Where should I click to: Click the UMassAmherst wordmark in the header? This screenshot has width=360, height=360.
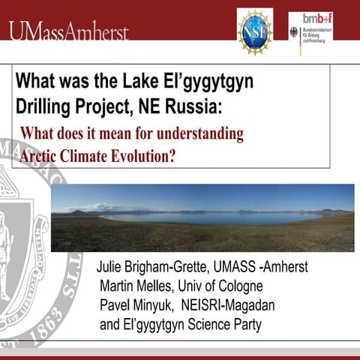click(69, 31)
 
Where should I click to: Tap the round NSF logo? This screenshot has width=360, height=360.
click(254, 31)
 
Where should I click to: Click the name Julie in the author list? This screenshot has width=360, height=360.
click(114, 267)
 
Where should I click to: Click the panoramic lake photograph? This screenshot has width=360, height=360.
click(202, 217)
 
